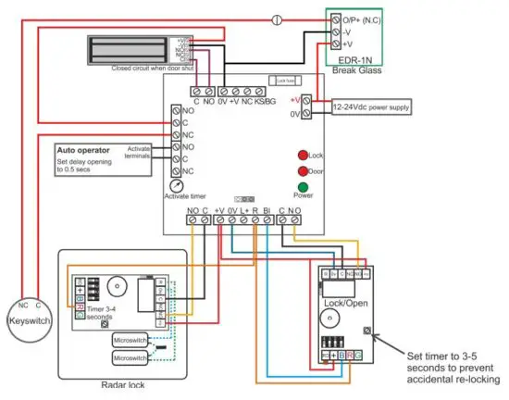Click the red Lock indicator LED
coord(302,156)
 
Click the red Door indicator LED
coord(302,171)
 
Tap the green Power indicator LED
coord(302,187)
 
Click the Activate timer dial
coord(177,184)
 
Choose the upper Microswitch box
coord(130,340)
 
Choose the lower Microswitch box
coord(130,356)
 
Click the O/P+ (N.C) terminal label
coord(361,19)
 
